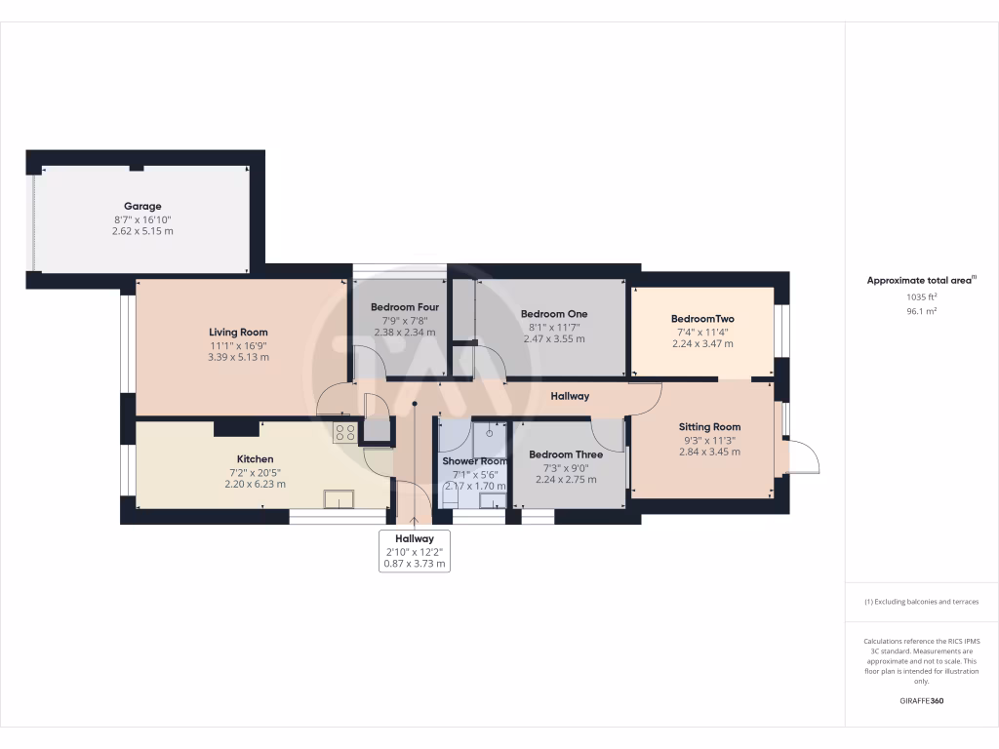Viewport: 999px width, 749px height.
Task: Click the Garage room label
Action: (142, 206)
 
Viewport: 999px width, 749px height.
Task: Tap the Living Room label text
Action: (238, 333)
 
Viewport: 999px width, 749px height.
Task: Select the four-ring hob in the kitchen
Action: (345, 432)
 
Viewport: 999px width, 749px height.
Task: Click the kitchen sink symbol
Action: (340, 500)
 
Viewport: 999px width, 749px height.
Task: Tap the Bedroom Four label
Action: (404, 307)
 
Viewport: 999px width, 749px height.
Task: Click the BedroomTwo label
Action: (702, 319)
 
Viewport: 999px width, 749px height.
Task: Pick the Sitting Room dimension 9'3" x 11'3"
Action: (709, 440)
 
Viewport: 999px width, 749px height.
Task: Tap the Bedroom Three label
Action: (566, 454)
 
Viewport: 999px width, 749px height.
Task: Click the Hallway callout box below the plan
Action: (415, 551)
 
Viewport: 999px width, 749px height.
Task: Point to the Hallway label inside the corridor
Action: (570, 396)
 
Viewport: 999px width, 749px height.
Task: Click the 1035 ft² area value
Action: (921, 296)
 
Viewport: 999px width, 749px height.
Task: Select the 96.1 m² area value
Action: (921, 311)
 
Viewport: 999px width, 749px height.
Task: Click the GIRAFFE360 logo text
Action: (921, 701)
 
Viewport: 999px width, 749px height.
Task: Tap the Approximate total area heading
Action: (921, 280)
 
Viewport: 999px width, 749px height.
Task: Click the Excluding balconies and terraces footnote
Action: (921, 602)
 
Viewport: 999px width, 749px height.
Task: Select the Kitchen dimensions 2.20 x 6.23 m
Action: (255, 484)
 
